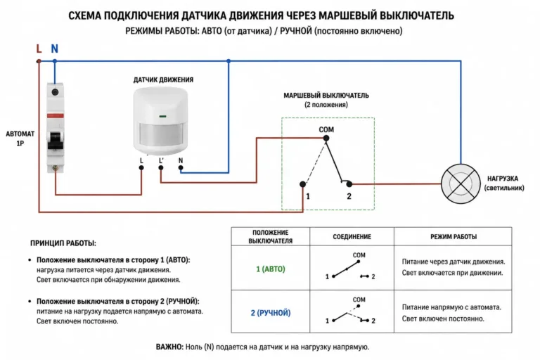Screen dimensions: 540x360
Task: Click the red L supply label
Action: pos(39,49)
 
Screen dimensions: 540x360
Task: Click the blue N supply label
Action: pos(54,49)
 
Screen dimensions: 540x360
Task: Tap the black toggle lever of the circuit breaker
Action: pos(56,140)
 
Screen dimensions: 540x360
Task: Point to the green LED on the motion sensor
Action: pos(162,117)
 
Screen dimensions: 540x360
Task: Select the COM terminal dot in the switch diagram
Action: pos(326,138)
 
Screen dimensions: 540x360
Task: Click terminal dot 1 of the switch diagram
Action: pos(303,184)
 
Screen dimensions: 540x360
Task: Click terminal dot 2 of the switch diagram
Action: pos(349,184)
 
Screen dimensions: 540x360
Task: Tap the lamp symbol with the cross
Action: pos(461,184)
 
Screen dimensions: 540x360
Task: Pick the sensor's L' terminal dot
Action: pos(161,168)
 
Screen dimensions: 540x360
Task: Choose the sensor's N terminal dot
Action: pos(181,168)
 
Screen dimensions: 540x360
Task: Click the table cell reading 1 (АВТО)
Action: pos(271,269)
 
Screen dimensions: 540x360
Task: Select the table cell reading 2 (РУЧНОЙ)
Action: pos(271,313)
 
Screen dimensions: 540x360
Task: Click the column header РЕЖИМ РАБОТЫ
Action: pos(454,237)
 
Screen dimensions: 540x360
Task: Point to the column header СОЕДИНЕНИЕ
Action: pos(352,237)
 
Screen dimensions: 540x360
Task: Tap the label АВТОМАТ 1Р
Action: pos(20,139)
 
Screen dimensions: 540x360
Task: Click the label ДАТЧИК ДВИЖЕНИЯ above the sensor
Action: pos(163,80)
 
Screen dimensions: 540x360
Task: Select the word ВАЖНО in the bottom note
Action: pos(169,347)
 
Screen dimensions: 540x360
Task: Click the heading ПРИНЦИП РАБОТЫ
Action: pos(63,243)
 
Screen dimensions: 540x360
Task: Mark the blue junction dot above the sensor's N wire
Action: pos(229,61)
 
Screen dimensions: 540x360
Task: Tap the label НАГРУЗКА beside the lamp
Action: pos(503,179)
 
